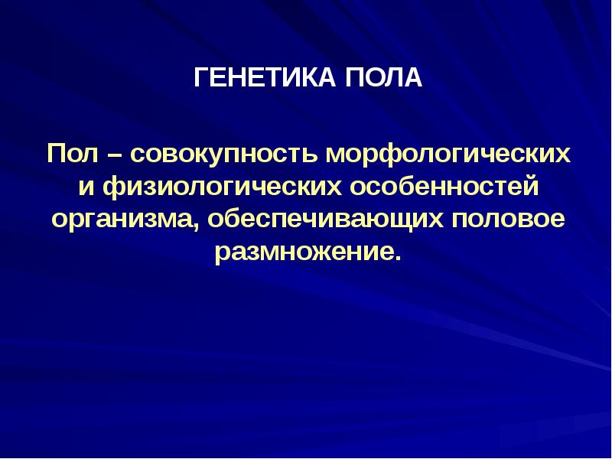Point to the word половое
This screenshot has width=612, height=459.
click(x=509, y=219)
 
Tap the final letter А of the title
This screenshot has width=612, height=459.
click(x=414, y=78)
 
